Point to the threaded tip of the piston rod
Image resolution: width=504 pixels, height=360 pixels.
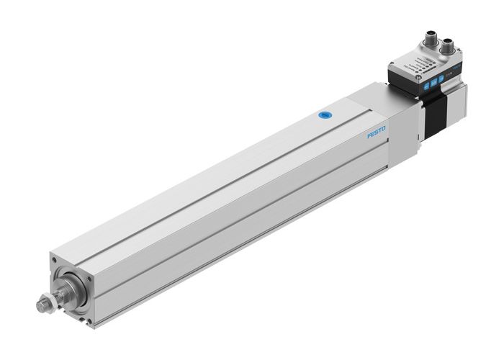pyautogui.click(x=40, y=305)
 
